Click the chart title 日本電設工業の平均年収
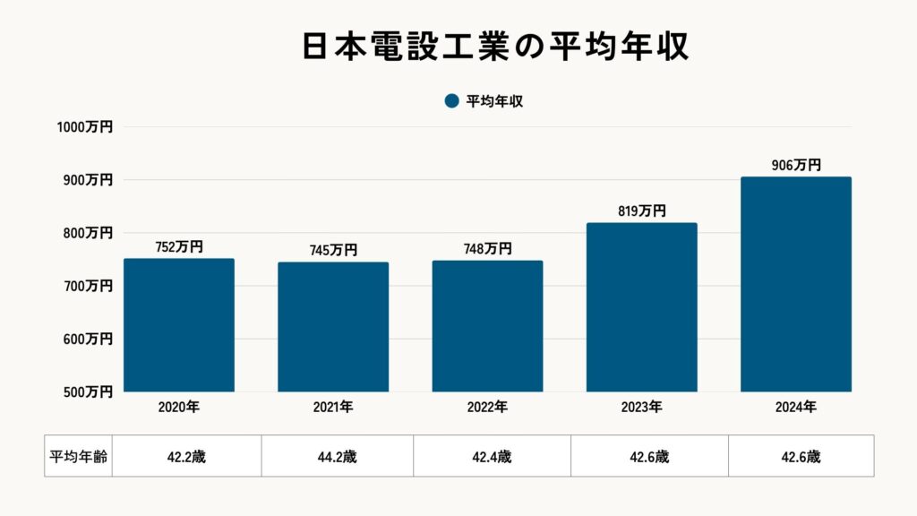(x=494, y=47)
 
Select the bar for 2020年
(x=179, y=325)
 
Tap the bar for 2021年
(x=333, y=327)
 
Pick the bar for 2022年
(x=487, y=326)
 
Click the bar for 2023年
(x=641, y=307)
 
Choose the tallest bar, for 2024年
(x=796, y=284)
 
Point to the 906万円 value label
(x=796, y=166)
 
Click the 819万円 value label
(x=641, y=211)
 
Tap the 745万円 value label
(x=333, y=251)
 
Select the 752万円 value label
(x=179, y=247)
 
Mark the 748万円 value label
(x=487, y=249)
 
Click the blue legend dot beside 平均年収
(x=451, y=101)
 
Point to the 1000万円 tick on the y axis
(x=85, y=127)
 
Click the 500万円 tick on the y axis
(x=88, y=391)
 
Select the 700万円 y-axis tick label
(x=88, y=286)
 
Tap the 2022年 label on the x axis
(x=487, y=407)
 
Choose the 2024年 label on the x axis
(x=796, y=407)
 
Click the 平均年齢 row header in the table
(x=78, y=456)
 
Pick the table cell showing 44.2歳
(x=337, y=456)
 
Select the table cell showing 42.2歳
(x=186, y=456)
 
